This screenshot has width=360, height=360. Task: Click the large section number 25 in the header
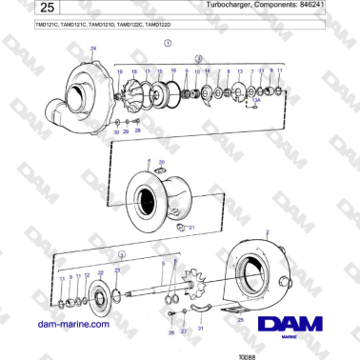point(27,11)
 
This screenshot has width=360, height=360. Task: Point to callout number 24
point(91,48)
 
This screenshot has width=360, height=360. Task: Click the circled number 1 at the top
point(169,44)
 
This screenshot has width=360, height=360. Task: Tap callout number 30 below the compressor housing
point(116,131)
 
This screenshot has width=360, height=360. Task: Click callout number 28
point(137,130)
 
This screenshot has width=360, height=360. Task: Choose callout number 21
point(191,229)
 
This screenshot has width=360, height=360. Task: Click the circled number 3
point(122,254)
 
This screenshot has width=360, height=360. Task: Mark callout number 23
point(117,271)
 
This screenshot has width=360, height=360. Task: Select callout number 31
point(201,328)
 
